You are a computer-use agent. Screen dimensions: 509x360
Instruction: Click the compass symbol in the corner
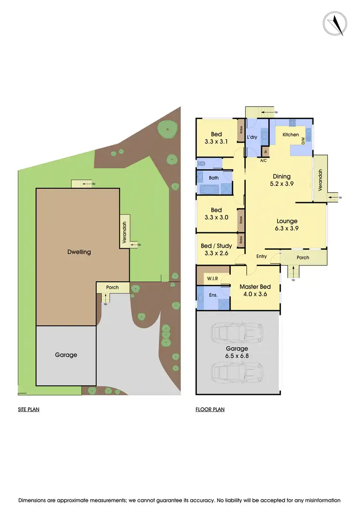coord(335,24)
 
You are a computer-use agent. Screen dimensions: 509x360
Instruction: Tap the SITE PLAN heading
coord(28,410)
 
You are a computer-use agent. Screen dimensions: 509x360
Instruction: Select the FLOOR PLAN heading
coord(210,410)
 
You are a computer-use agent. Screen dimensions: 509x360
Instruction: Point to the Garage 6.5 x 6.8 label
coord(238,352)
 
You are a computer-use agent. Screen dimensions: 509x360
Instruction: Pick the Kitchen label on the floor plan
coord(290,134)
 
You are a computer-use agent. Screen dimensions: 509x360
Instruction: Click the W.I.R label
coord(213,278)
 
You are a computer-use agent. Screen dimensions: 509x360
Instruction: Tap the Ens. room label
coord(213,295)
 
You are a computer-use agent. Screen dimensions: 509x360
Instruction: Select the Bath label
coord(214,178)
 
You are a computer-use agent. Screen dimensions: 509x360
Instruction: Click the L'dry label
coord(252,137)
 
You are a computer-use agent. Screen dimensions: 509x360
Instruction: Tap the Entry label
coord(261,256)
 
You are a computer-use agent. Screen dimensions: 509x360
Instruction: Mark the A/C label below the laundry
coord(264,160)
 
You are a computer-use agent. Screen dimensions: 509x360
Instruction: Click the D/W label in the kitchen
coord(303,141)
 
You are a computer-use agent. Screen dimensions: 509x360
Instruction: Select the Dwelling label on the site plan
coord(79,252)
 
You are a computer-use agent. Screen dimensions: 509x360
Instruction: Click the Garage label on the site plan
coord(66,355)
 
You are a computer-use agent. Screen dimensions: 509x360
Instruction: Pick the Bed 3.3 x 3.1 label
coord(216,138)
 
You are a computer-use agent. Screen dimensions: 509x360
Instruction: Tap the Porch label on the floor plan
coord(303,257)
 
